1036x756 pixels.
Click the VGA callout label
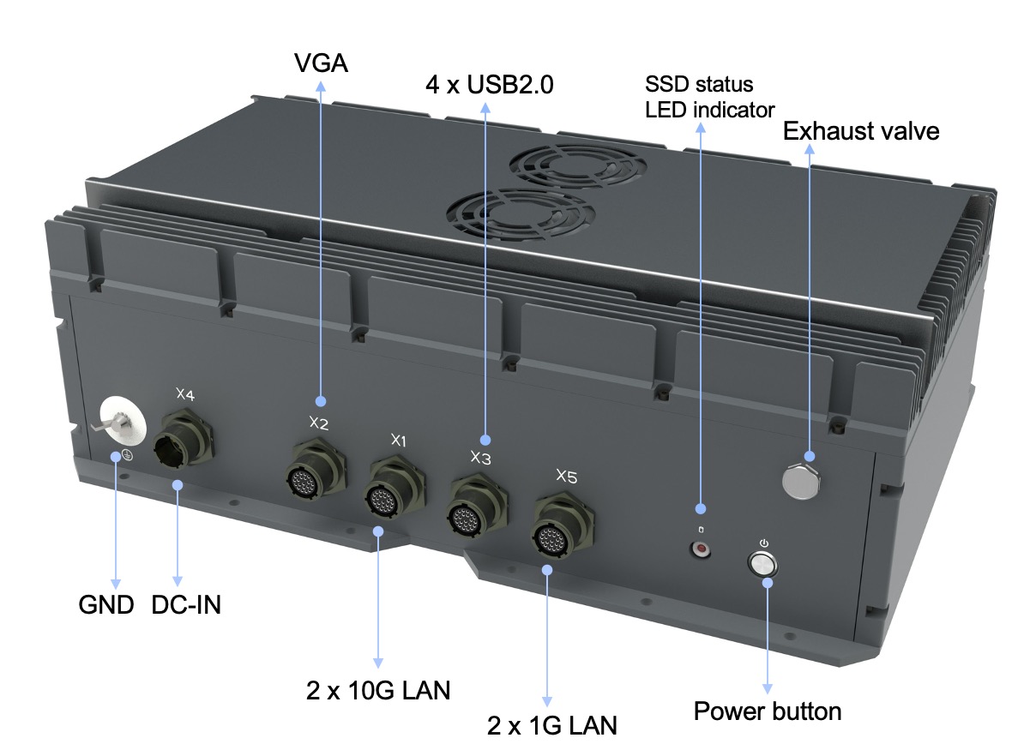pos(320,63)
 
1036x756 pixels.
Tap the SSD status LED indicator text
pos(708,98)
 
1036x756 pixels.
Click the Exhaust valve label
pos(861,131)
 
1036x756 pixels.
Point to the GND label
pos(106,605)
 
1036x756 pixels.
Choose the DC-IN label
pos(186,605)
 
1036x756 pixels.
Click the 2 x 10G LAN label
pos(377,690)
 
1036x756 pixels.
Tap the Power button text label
pos(767,711)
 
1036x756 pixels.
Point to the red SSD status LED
pos(702,548)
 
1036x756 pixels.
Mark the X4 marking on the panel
pos(184,394)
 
